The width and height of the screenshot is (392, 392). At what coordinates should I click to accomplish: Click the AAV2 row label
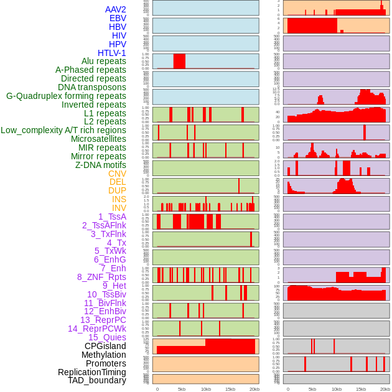116,9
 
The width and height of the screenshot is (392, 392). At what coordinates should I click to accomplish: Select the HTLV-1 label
112,53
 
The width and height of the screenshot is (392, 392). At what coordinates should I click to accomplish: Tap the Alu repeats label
104,61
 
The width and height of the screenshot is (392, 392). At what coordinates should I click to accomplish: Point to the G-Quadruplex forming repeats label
66,96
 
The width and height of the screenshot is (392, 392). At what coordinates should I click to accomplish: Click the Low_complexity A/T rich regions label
63,130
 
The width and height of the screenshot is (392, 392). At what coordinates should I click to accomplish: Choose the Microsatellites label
98,139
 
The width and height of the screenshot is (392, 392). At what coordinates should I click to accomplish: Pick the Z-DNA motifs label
101,165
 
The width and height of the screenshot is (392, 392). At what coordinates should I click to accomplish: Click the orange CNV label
117,174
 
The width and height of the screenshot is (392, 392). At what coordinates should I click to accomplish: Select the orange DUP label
117,190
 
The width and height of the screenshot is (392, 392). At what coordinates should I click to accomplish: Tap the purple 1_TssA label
112,217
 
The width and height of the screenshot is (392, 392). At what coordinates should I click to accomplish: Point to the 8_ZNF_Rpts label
101,277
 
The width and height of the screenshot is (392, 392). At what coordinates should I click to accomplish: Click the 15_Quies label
107,337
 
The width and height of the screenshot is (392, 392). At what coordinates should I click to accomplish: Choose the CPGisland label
105,346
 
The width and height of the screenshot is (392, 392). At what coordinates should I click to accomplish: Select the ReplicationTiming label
92,372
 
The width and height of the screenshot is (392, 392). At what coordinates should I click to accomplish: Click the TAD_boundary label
97,380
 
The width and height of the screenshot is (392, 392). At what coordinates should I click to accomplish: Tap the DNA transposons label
92,87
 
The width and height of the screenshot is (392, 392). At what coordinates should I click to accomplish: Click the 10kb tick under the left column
206,389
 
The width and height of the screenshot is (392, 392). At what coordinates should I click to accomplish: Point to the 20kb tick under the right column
385,389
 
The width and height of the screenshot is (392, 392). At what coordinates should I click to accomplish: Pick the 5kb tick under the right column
312,389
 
